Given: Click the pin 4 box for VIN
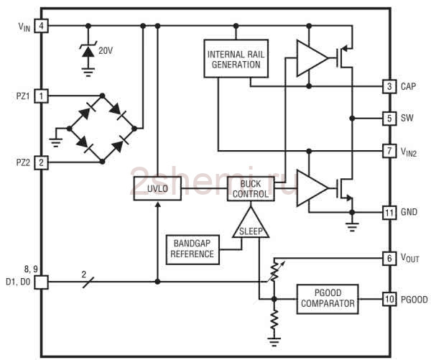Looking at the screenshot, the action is tap(41, 26).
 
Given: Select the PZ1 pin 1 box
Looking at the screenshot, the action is tap(41, 96).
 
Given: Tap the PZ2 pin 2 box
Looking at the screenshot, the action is tap(41, 162).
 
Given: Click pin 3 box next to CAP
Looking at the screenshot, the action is tap(389, 87).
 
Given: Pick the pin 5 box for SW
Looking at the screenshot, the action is tap(389, 119).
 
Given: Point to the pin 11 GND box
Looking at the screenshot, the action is tap(389, 213).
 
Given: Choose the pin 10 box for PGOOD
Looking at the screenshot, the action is tap(389, 299).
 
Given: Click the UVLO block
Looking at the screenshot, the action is tap(157, 188).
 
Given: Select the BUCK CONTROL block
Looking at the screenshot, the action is tap(251, 189).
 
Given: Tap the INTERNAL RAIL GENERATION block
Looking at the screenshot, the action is tap(236, 59).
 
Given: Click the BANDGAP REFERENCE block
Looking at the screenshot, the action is tap(193, 250).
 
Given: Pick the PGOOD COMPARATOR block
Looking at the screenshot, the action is tap(328, 299).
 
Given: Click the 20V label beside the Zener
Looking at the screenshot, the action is tap(106, 50).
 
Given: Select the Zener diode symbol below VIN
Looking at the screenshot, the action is tap(88, 50).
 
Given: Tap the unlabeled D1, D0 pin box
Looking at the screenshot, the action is tap(41, 282).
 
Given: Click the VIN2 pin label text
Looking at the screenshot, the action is tap(409, 152).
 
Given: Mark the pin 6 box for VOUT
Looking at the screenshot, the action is tap(389, 259).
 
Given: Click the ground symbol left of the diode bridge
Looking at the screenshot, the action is tap(56, 142).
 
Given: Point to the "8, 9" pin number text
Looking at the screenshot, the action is tap(31, 269).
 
